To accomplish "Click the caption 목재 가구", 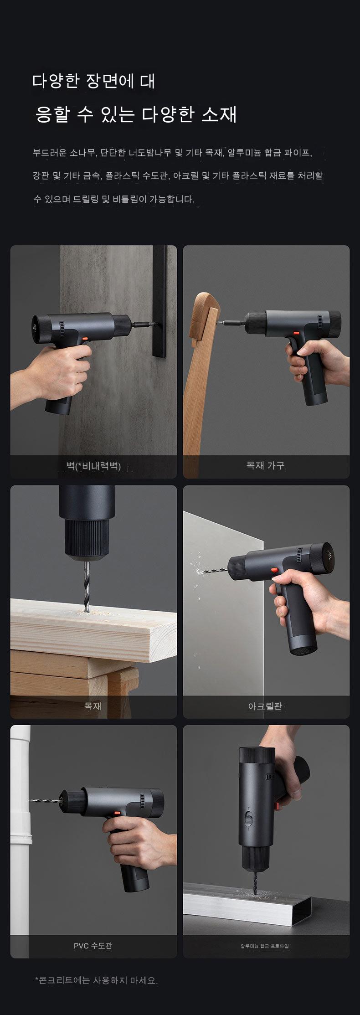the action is [265, 465].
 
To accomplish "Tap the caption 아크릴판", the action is [265, 706].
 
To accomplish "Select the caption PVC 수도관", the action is [93, 946].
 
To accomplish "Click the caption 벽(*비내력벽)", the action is [93, 466].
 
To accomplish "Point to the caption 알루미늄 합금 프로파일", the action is [265, 946].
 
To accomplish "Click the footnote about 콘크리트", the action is [96, 980].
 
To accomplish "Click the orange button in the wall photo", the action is [84, 339].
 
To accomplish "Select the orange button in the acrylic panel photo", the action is [275, 570].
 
